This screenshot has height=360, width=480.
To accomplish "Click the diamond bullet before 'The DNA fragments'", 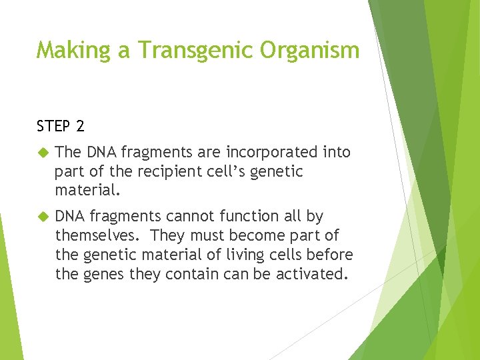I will [x=44, y=153].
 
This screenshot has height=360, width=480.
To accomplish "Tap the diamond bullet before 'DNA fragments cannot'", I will [x=44, y=217].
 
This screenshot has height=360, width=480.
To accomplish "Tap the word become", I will [x=252, y=236].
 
